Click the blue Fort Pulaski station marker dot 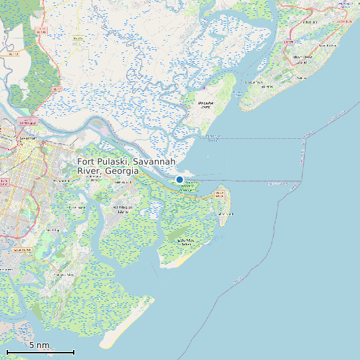179,179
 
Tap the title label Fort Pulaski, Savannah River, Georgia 126,167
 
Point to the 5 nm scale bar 40,351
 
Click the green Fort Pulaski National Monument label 189,187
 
